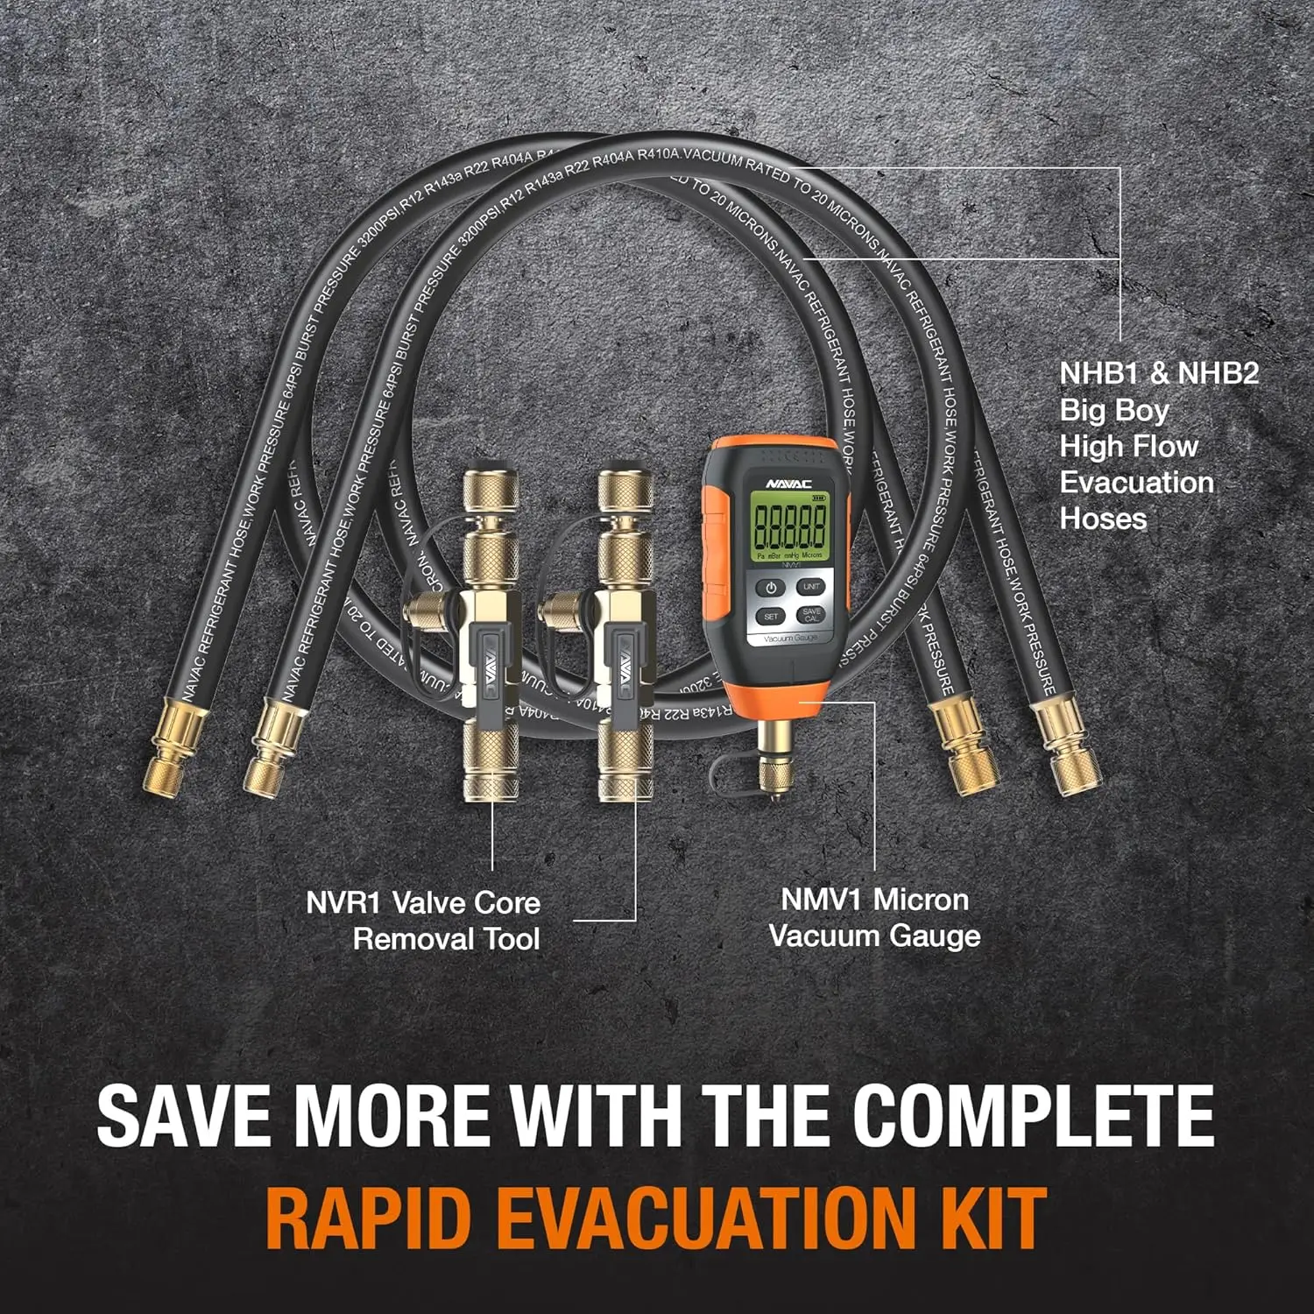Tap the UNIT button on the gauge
tap(811, 587)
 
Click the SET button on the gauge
tap(771, 617)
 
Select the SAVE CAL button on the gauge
tap(811, 615)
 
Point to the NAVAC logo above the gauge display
tap(788, 483)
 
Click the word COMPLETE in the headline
tap(1034, 1116)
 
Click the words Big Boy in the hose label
tap(1114, 410)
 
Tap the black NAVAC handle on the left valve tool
tap(485, 666)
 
